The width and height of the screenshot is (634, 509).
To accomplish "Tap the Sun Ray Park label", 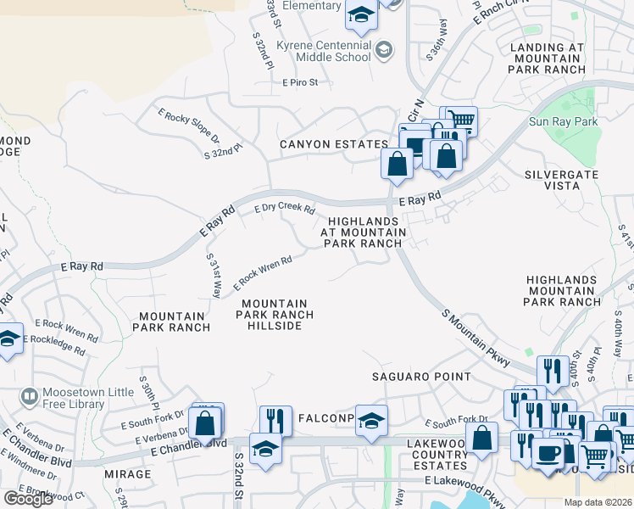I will tap(564, 122).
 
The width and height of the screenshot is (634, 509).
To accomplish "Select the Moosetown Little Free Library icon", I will tap(29, 396).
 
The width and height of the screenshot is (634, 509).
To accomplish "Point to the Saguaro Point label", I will tap(421, 377).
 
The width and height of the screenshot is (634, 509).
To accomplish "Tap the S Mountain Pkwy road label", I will tap(476, 338).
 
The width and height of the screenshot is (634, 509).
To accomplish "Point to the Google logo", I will tap(28, 499).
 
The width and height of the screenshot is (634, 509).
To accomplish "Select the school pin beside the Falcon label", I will tap(371, 421).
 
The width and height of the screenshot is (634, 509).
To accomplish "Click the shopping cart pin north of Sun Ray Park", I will tap(460, 120).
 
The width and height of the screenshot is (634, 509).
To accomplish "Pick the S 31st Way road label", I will tap(214, 277).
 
